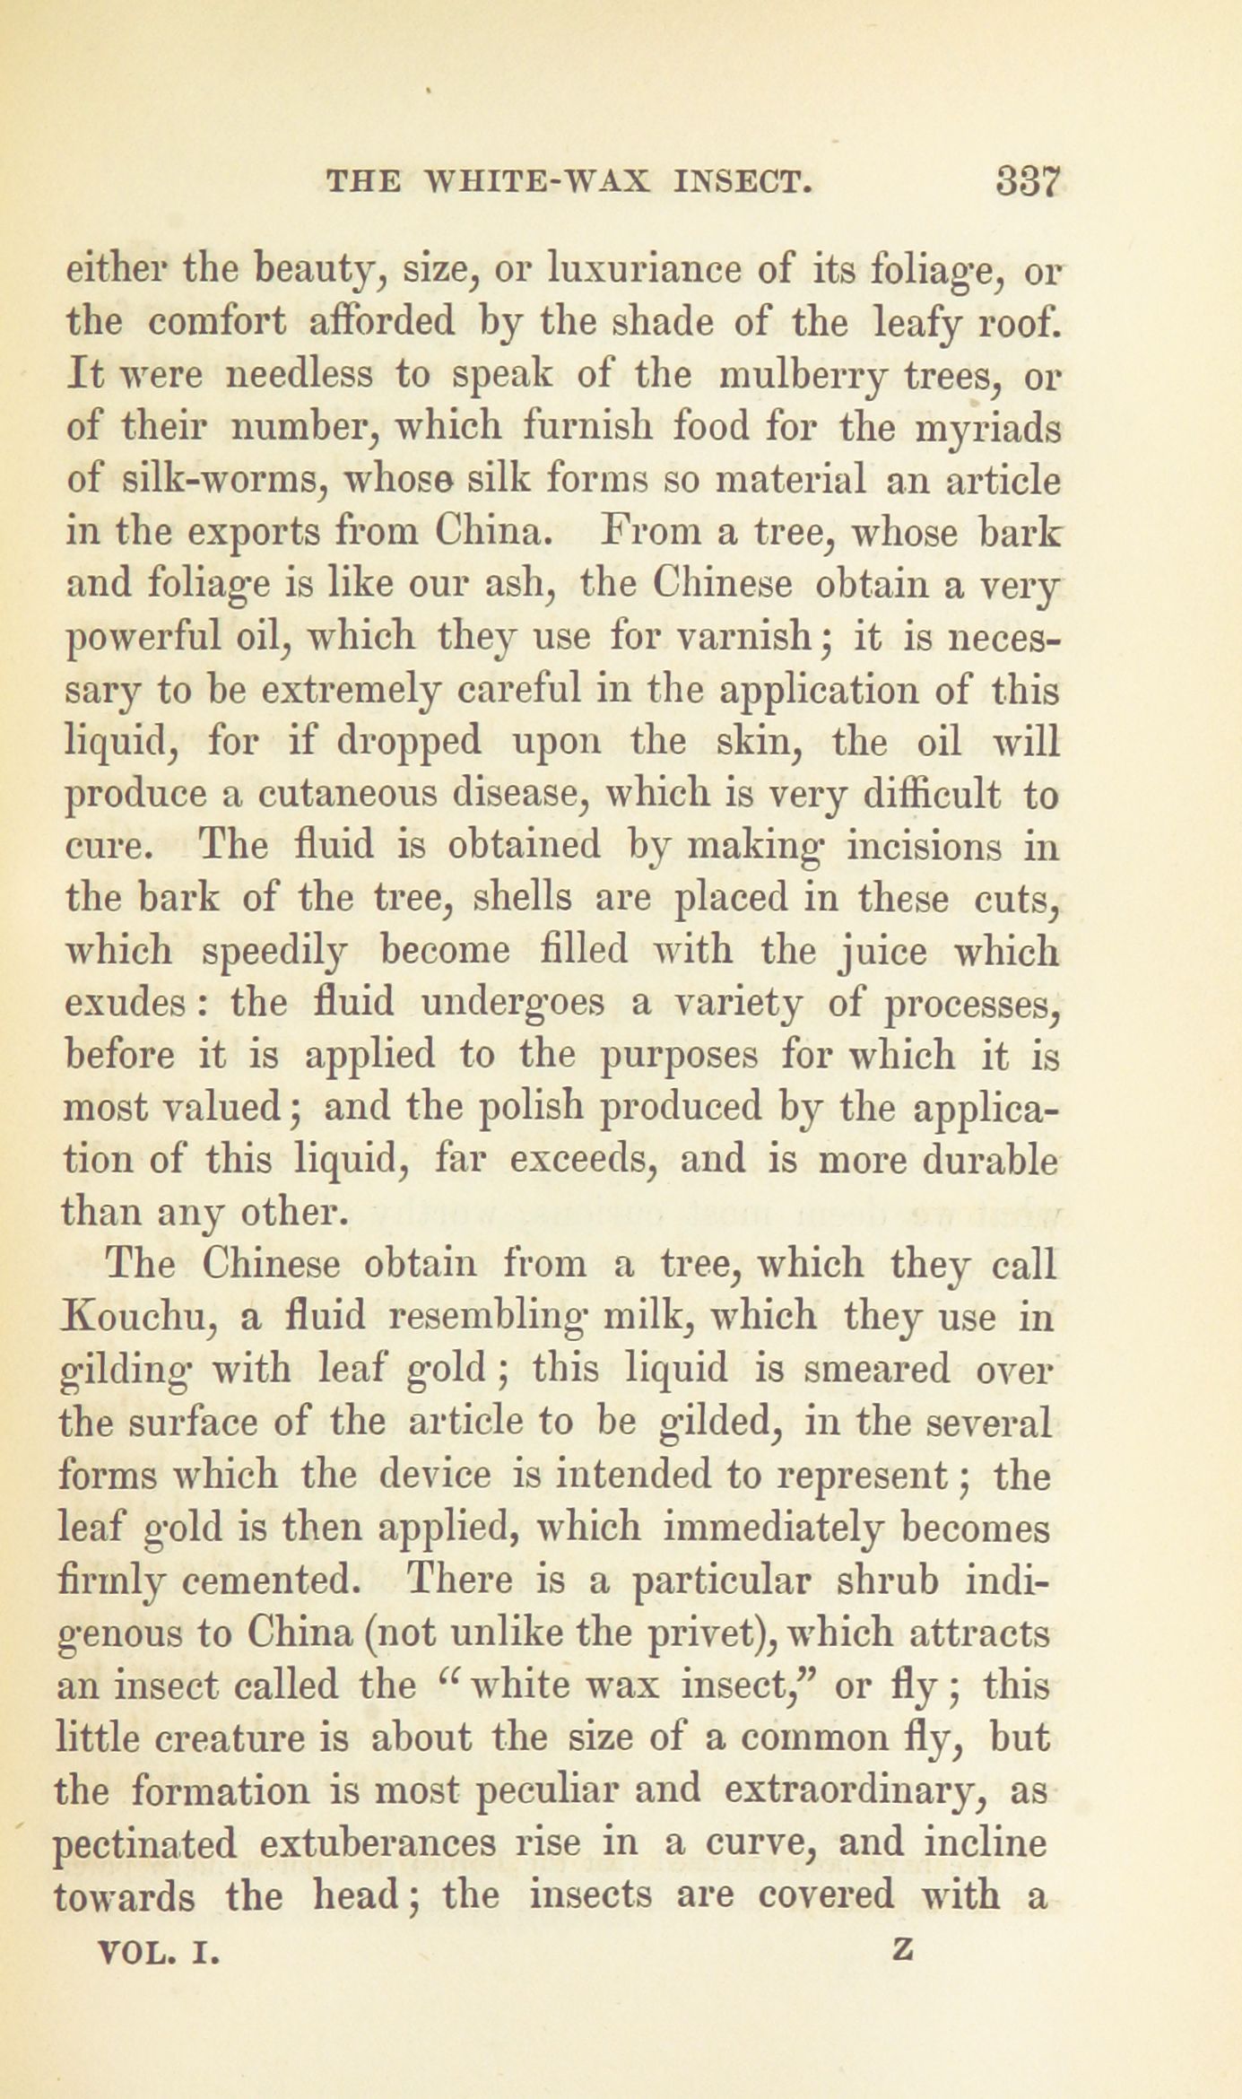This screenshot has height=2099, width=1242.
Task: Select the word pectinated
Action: [x=145, y=1844]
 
